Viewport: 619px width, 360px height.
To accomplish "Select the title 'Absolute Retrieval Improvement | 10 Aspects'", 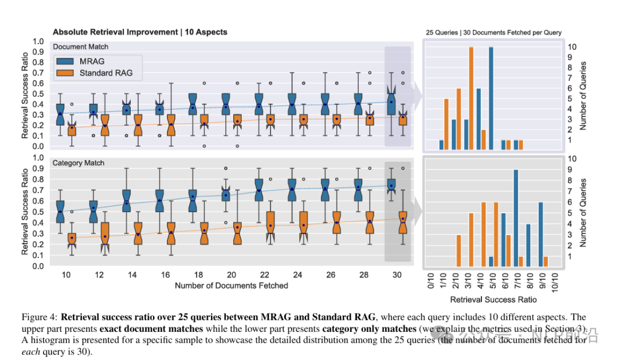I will [x=140, y=32].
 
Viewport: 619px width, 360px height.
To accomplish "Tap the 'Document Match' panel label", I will [x=80, y=46].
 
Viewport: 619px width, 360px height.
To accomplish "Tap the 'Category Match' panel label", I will [x=79, y=163].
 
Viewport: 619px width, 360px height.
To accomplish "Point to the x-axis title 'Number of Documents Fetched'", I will [x=232, y=285].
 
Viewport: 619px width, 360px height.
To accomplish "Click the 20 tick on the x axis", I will [x=232, y=275].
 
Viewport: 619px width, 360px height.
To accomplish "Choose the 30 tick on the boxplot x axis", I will [x=397, y=275].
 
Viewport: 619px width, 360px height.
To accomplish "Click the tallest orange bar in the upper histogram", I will [x=471, y=98].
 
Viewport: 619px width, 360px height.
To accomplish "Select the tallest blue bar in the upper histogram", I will [x=491, y=98].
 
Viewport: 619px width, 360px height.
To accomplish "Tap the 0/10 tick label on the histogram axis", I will [x=432, y=280].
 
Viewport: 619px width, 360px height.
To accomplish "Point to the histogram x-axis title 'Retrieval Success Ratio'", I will [x=493, y=299].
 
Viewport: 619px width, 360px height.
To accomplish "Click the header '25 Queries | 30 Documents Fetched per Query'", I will [x=493, y=33].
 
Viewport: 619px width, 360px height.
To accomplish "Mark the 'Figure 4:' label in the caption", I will [x=40, y=317].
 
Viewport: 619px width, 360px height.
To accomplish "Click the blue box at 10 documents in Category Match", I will [x=60, y=210].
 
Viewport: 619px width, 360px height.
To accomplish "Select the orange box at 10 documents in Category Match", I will [x=72, y=237].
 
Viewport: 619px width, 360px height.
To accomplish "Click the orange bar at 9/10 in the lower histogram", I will [x=546, y=261].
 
